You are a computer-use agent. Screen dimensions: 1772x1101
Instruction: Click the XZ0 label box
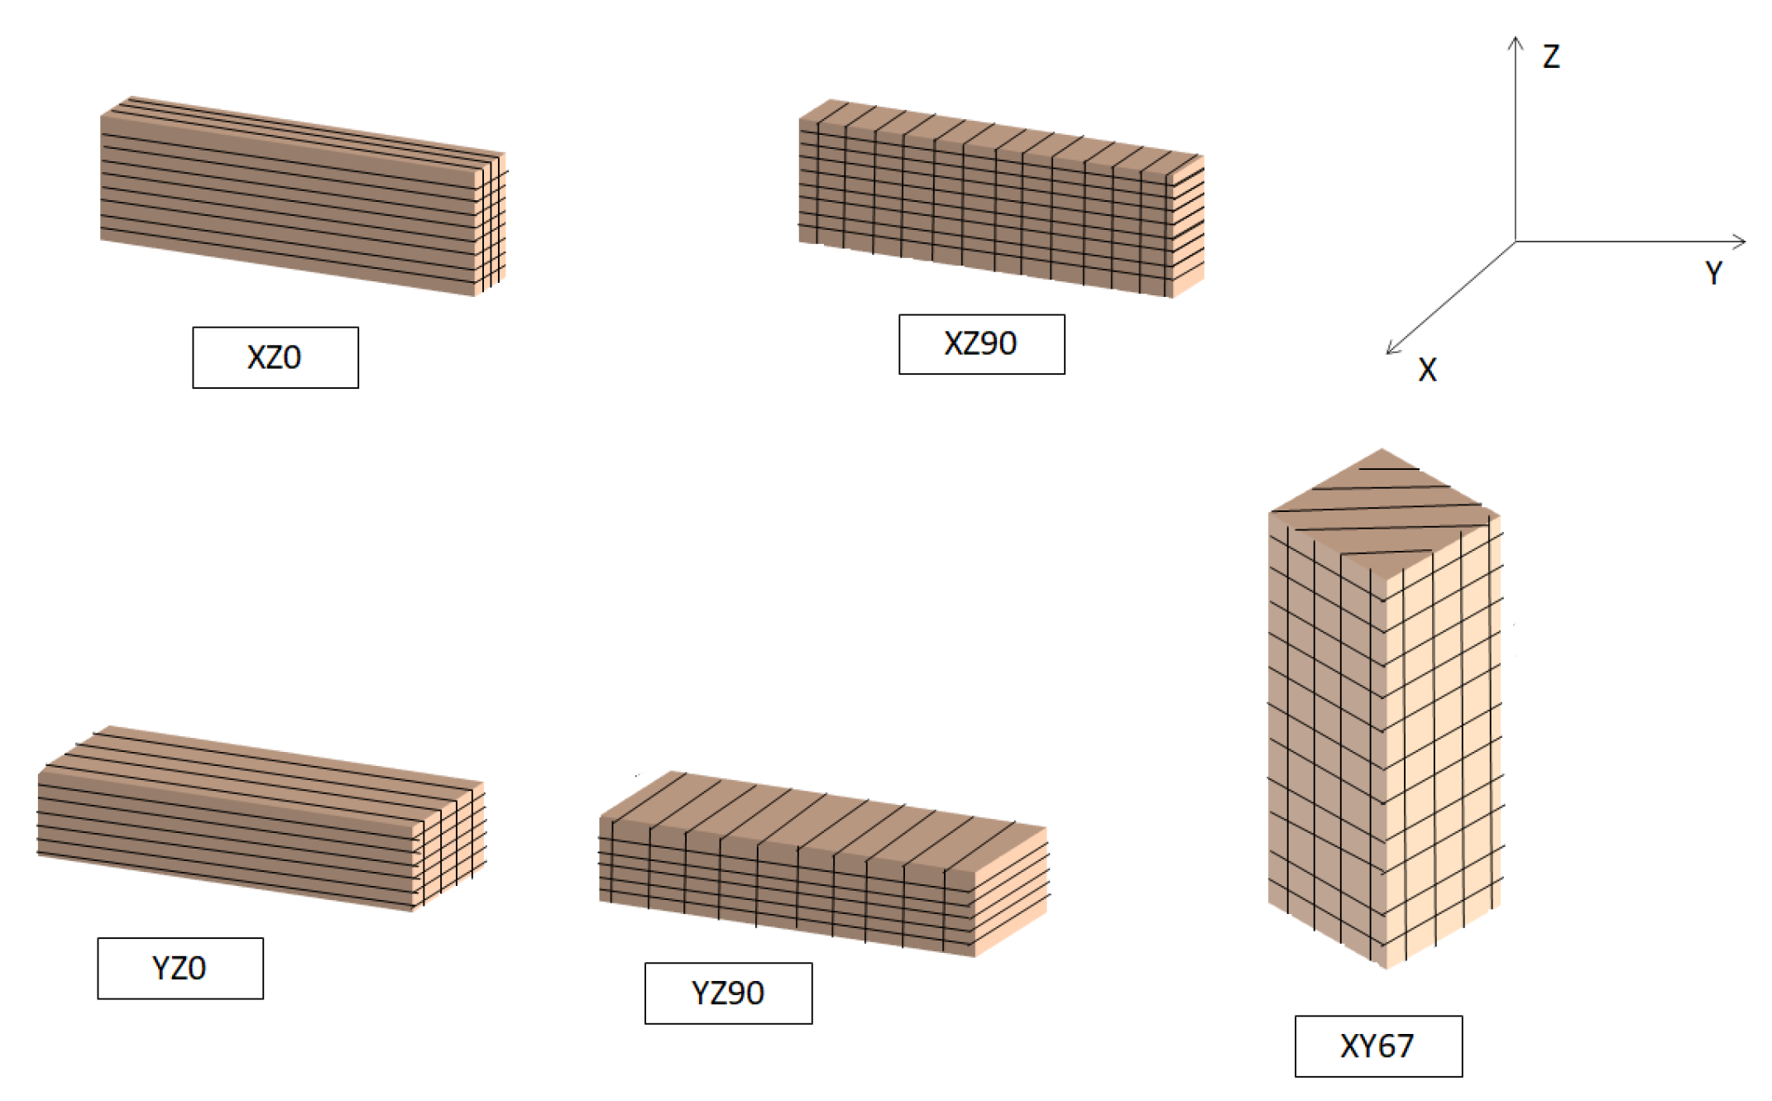(x=275, y=357)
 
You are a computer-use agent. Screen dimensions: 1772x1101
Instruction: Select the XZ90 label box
(x=981, y=344)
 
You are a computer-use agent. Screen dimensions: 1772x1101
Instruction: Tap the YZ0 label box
(x=180, y=968)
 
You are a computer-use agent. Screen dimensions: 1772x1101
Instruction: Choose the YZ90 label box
(x=728, y=993)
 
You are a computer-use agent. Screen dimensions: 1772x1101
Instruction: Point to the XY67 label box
(x=1378, y=1046)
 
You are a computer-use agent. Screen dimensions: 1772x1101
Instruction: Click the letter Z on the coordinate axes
(x=1551, y=56)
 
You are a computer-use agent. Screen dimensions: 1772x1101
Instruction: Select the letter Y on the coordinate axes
(x=1713, y=272)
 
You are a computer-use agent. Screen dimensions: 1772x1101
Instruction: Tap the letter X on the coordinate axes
(x=1427, y=369)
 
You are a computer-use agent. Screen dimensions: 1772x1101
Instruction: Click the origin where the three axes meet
(x=1515, y=242)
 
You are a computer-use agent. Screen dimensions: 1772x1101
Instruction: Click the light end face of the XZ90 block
(x=1188, y=227)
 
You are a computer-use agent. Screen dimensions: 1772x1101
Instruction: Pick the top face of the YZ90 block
(x=823, y=819)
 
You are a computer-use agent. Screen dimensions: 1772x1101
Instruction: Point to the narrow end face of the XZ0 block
(x=490, y=223)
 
